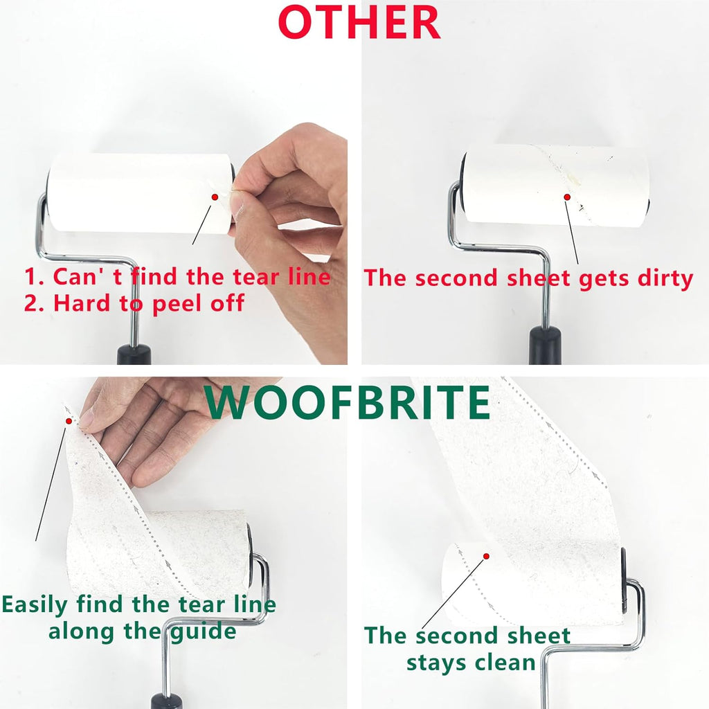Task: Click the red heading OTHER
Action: point(359,22)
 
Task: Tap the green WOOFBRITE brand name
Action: point(348,402)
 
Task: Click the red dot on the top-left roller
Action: point(215,197)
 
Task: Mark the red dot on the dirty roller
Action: point(567,197)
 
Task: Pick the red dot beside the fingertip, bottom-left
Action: point(69,421)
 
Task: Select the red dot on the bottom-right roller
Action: point(487,556)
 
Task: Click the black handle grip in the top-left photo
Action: point(134,354)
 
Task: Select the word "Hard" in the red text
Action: point(82,303)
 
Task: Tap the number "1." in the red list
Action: point(35,277)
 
